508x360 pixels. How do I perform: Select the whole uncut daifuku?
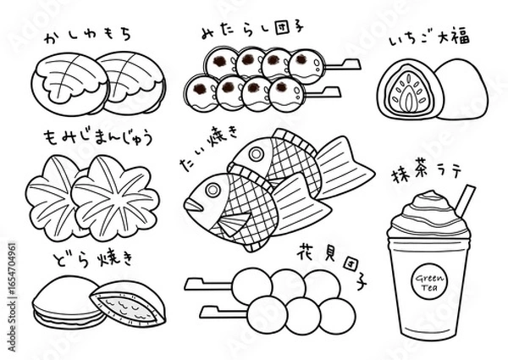(x=459, y=89)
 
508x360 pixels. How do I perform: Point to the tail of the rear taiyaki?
(x=345, y=167)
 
